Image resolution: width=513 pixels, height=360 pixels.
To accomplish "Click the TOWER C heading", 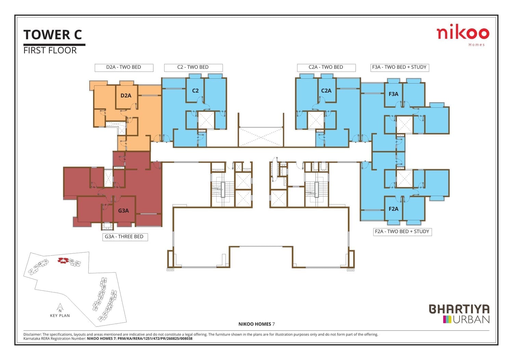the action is point(52,35).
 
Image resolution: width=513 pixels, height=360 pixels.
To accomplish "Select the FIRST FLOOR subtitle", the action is point(50,50).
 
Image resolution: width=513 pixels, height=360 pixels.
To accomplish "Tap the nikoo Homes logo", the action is point(463,35).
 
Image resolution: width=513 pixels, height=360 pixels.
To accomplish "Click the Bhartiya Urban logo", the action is point(459,314).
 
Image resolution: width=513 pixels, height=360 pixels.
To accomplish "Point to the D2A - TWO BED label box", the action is point(124,68).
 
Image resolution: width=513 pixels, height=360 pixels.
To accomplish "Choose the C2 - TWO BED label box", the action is point(193,68).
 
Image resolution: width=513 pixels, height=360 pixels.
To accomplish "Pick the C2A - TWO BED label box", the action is point(326,68).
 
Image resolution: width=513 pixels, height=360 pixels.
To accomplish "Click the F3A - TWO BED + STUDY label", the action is point(400,68).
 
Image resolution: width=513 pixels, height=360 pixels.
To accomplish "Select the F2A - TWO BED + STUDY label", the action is point(403,232).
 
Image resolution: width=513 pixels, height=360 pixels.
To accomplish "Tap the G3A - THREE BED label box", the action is point(125,237).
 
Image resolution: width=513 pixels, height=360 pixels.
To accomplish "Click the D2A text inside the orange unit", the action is point(126,96).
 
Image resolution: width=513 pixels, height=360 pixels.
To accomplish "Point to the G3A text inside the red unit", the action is point(123,211).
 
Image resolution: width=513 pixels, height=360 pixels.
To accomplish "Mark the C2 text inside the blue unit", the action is point(195,91).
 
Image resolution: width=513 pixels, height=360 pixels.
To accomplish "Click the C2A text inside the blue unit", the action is point(326,91).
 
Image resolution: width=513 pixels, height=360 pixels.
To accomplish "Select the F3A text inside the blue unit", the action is point(393,94).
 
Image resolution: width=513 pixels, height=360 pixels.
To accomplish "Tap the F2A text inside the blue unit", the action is point(393,209).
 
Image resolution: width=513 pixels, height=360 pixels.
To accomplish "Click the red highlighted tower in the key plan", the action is point(63,261).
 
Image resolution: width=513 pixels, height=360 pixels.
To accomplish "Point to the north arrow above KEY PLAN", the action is point(60,307).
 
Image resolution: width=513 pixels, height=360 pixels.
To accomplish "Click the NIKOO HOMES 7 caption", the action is point(256,324).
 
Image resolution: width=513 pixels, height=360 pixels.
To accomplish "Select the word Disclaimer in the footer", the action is point(32,335).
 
